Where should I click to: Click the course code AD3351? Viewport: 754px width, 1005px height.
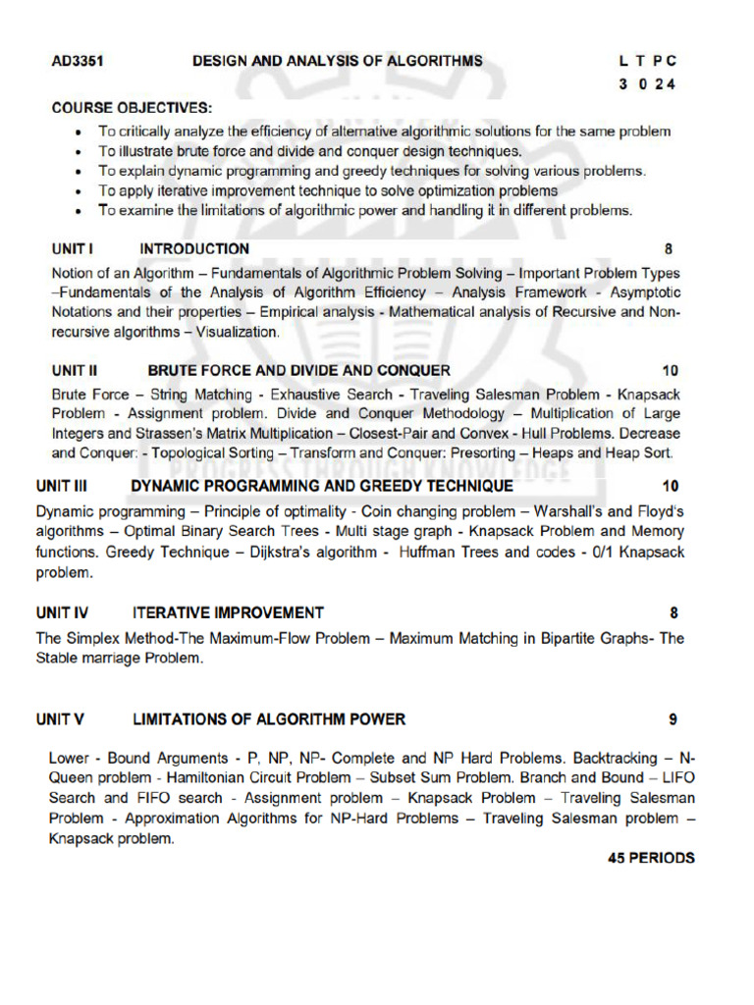[x=79, y=61]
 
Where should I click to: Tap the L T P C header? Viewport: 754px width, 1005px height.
[x=647, y=61]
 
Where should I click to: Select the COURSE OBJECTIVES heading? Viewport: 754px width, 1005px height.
[x=132, y=107]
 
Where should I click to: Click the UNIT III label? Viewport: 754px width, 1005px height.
[x=62, y=486]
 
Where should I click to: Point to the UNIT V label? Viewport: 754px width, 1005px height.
[x=60, y=719]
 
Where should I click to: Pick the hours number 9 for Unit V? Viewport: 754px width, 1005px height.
[x=673, y=719]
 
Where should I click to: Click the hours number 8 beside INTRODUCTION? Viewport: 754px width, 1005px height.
[x=669, y=249]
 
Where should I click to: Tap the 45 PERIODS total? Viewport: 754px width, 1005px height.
[x=651, y=858]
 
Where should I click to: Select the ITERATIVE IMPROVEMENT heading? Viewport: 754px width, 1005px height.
[x=228, y=613]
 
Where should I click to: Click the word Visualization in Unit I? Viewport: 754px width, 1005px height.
[x=237, y=333]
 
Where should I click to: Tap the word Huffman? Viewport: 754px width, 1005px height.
[x=429, y=553]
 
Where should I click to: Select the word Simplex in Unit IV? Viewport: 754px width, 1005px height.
[x=90, y=639]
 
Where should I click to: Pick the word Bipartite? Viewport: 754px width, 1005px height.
[x=570, y=639]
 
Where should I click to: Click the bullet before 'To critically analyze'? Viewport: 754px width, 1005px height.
[x=80, y=132]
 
